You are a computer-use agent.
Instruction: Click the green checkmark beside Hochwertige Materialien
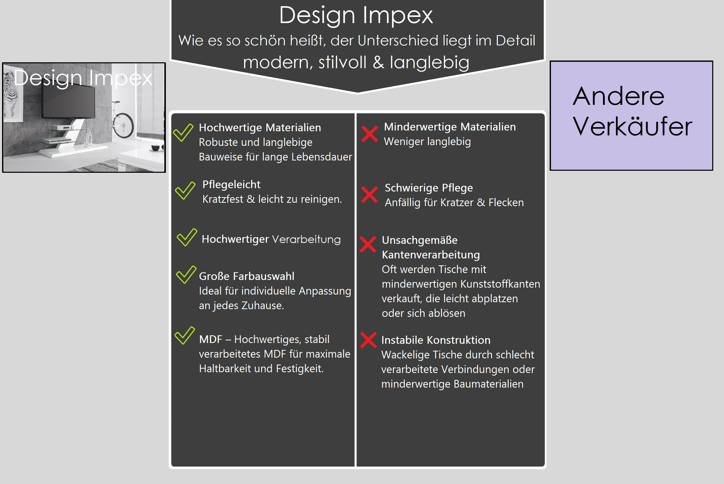183,133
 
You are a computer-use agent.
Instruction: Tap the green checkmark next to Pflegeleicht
185,190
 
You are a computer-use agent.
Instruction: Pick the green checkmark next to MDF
185,336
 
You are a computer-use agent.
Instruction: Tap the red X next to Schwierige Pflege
369,195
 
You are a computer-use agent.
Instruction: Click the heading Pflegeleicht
232,185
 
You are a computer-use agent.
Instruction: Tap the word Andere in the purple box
618,96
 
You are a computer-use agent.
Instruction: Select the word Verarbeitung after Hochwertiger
306,239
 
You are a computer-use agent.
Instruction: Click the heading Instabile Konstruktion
436,340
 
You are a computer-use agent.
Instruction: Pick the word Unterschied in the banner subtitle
398,41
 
